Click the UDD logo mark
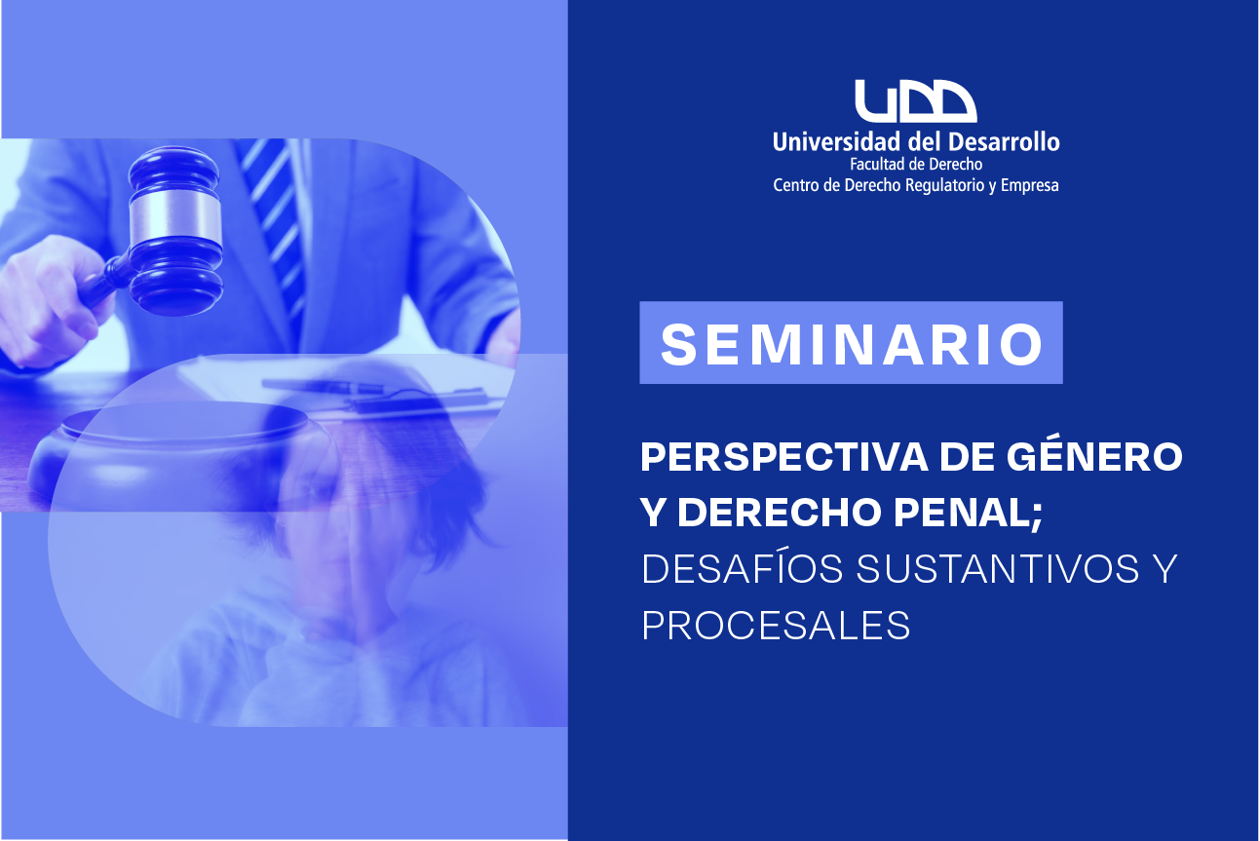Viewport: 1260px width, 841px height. [916, 100]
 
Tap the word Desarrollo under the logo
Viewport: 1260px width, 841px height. [1004, 141]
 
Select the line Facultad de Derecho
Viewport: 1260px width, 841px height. [916, 165]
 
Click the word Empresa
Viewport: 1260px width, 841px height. [1030, 185]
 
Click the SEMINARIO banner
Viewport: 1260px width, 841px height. [851, 343]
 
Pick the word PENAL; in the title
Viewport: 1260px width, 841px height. [969, 513]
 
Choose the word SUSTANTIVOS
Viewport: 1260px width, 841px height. [997, 568]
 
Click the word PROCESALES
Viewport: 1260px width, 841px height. [776, 625]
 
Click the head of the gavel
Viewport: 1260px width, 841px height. [175, 231]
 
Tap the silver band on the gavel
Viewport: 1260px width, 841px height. [174, 217]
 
